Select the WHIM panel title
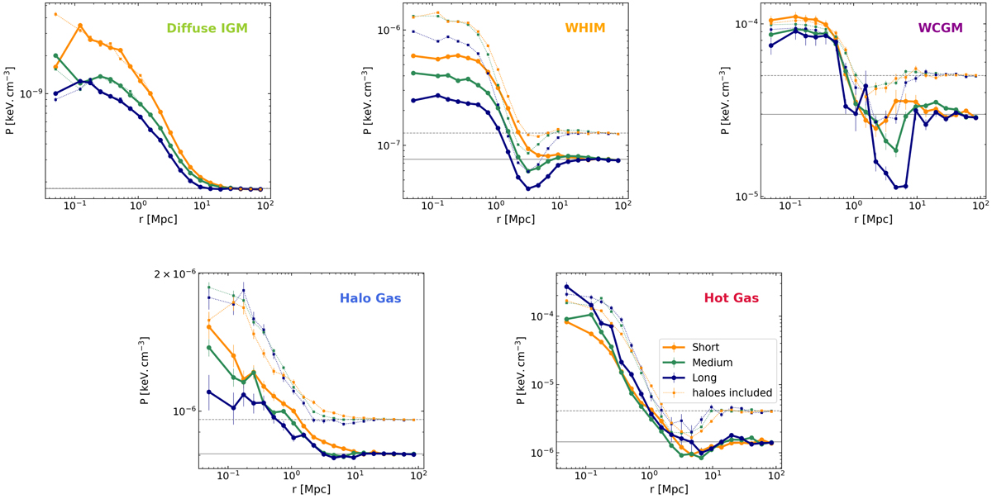pos(586,27)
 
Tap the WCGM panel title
pos(940,27)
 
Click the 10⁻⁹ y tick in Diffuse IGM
pos(29,93)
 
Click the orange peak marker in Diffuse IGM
pos(80,26)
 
